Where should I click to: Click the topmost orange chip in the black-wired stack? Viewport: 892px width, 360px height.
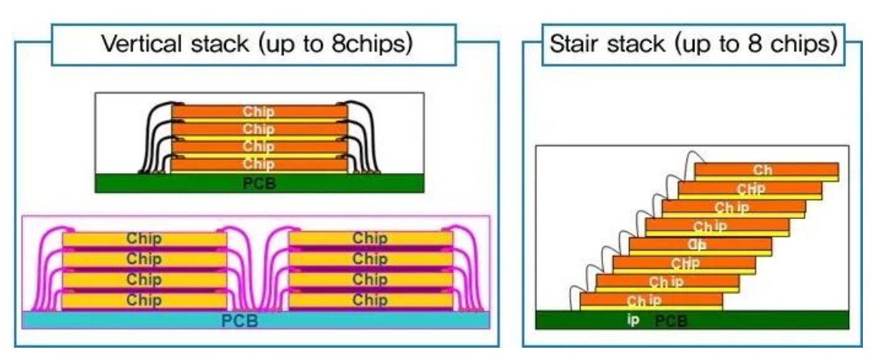(x=259, y=112)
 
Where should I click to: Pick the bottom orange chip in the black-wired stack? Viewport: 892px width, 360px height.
(x=259, y=164)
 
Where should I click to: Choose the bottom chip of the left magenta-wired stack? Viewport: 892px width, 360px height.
(x=144, y=300)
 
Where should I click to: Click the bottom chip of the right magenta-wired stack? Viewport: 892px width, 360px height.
(x=370, y=300)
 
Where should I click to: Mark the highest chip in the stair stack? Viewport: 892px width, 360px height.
(x=766, y=169)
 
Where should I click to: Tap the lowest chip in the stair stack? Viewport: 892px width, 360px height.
(x=651, y=299)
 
